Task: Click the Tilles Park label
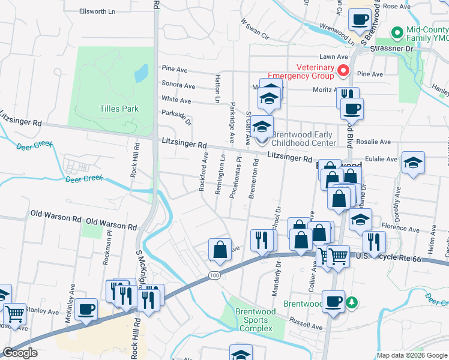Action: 119,109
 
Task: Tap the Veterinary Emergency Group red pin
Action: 343,71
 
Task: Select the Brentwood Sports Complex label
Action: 255,320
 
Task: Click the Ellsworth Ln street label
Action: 97,11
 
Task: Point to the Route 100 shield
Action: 214,275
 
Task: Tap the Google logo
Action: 20,353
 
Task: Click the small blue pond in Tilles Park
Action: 142,73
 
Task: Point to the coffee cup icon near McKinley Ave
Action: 88,308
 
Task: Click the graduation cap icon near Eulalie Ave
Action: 413,163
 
